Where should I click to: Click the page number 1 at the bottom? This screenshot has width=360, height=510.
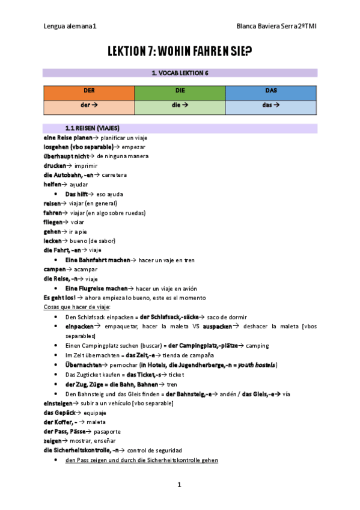pyautogui.click(x=179, y=484)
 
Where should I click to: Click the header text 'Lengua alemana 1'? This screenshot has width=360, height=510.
pyautogui.click(x=70, y=26)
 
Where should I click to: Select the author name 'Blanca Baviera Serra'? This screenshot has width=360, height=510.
pyautogui.click(x=267, y=26)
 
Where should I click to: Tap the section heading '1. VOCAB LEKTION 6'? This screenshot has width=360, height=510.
pyautogui.click(x=180, y=73)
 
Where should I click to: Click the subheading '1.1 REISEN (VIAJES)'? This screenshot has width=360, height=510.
pyautogui.click(x=92, y=128)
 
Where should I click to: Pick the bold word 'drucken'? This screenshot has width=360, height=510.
pyautogui.click(x=54, y=165)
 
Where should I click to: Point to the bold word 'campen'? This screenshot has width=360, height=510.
pyautogui.click(x=54, y=269)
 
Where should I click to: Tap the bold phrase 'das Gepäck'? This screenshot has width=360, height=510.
pyautogui.click(x=59, y=413)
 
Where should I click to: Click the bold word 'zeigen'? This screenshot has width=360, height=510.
pyautogui.click(x=53, y=441)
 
